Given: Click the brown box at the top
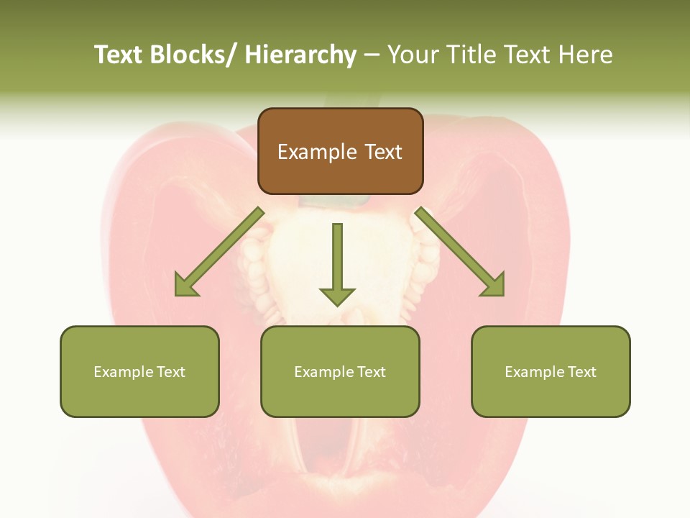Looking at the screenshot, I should (340, 151).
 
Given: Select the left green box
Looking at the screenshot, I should (139, 371).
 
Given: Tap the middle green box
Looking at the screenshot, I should (340, 371).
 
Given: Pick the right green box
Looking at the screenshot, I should (551, 371).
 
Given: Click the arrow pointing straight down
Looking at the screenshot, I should (337, 263).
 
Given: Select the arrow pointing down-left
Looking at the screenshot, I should (219, 252).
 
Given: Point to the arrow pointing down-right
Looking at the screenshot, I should (460, 252).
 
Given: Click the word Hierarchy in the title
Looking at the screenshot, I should (300, 55).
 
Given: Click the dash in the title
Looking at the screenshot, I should (372, 55).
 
